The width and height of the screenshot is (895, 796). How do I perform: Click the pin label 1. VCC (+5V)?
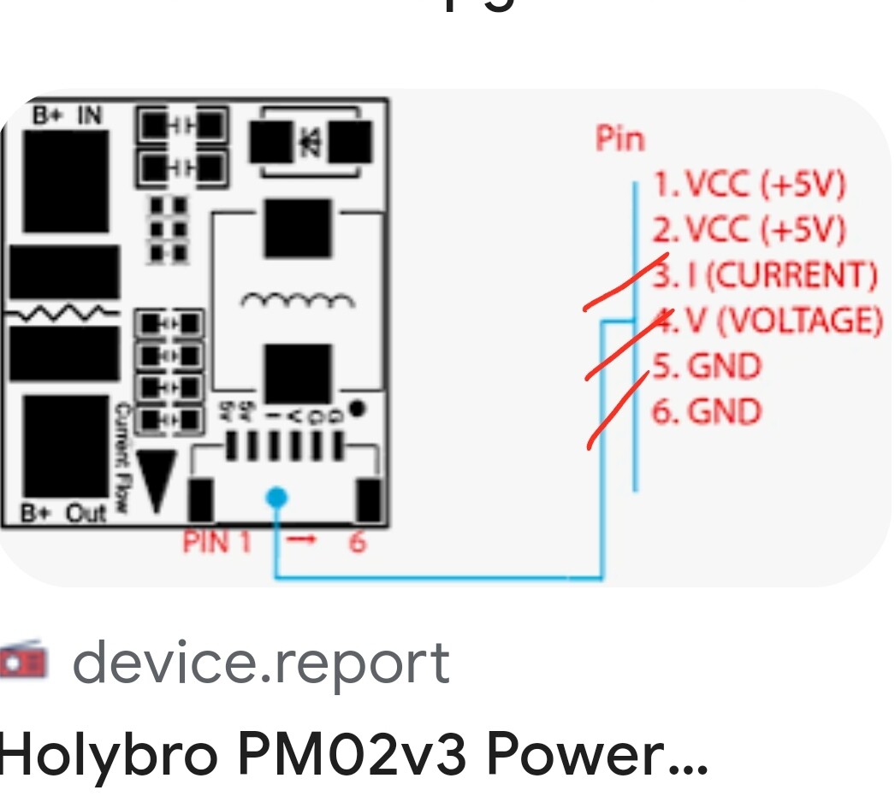click(x=750, y=184)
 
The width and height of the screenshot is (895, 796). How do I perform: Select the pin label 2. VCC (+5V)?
click(x=750, y=229)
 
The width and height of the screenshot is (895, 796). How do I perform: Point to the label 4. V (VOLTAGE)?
click(x=768, y=321)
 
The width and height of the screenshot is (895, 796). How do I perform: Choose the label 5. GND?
click(x=707, y=367)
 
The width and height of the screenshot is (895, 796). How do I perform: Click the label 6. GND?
click(x=707, y=412)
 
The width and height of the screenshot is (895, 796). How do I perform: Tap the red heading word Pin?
click(x=620, y=139)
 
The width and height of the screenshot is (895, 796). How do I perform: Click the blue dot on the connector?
click(x=276, y=497)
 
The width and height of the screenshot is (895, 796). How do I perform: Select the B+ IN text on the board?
click(x=67, y=115)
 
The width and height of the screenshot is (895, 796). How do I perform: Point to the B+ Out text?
click(x=65, y=514)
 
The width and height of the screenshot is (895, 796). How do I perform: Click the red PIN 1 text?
click(x=216, y=542)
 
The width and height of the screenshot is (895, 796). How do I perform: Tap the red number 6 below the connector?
click(x=357, y=542)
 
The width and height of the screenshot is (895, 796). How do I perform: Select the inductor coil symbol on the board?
click(x=297, y=301)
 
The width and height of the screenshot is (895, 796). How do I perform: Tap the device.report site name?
click(x=260, y=663)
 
